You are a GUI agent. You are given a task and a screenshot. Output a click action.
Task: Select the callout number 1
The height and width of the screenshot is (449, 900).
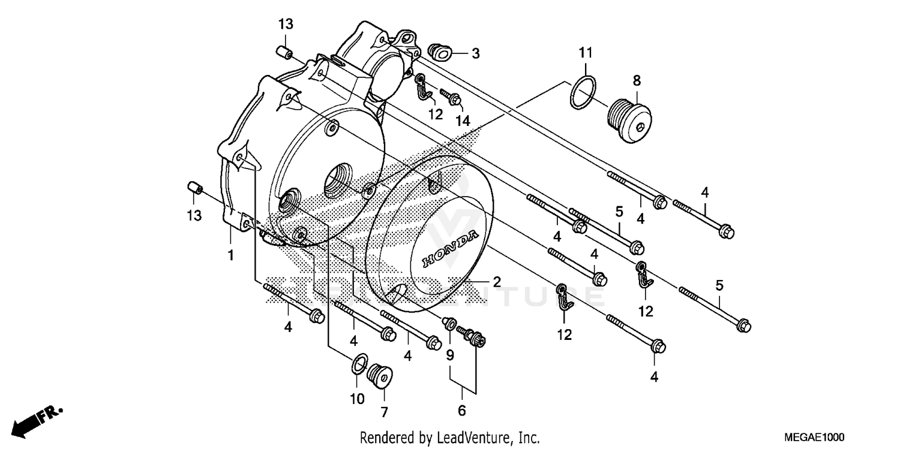230,256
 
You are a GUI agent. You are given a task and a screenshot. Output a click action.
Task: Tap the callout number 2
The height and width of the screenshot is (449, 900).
497,282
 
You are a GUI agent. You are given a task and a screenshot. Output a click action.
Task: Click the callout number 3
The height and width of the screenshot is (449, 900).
475,54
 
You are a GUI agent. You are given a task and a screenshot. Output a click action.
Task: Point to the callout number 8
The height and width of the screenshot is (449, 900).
637,80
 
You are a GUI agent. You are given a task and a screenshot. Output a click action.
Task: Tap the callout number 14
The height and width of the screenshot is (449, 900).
461,120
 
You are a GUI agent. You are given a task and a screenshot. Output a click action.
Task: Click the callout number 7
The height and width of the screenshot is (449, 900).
384,412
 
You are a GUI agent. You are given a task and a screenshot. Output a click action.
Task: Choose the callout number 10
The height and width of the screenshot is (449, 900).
357,399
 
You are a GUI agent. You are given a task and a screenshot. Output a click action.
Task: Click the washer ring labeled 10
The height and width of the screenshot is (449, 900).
359,363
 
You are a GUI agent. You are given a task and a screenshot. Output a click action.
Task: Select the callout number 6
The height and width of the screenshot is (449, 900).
462,411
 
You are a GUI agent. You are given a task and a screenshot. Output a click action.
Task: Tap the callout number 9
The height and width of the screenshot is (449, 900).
450,355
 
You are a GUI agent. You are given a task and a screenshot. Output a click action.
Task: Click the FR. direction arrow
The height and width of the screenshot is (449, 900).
39,420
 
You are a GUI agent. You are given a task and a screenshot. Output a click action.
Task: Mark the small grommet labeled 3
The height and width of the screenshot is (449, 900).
440,52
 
